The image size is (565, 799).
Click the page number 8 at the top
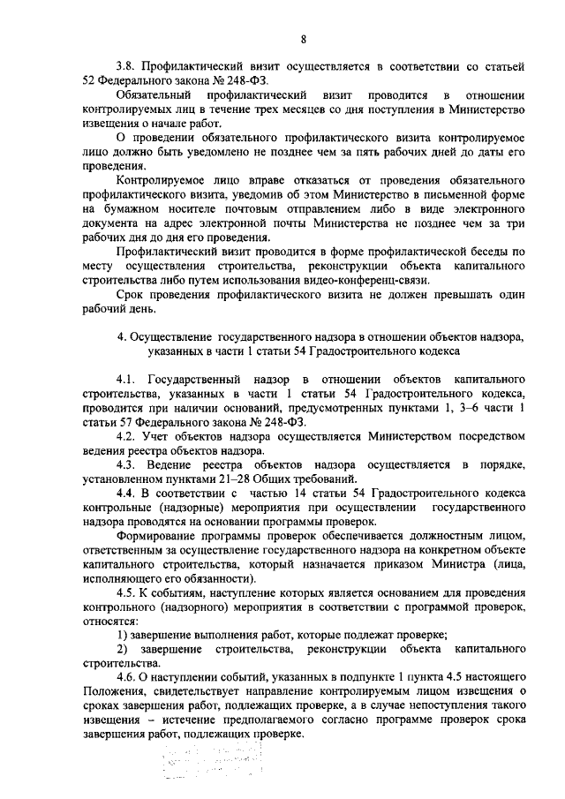point(304,40)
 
